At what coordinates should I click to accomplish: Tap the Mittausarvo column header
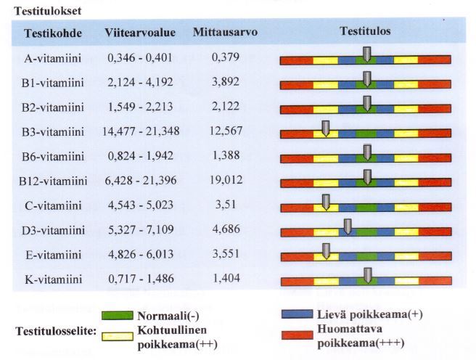[225, 33]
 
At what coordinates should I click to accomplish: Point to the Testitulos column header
[365, 32]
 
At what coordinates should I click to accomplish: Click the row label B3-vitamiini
[53, 131]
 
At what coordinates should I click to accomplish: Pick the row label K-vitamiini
[53, 279]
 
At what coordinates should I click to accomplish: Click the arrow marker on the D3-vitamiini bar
[348, 226]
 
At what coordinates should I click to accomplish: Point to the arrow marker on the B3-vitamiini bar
[326, 128]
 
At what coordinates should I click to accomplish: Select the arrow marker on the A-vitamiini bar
[367, 54]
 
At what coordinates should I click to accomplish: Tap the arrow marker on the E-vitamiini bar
[326, 250]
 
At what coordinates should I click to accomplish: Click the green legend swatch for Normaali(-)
[116, 316]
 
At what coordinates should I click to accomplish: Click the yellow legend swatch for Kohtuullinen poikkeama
[116, 336]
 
